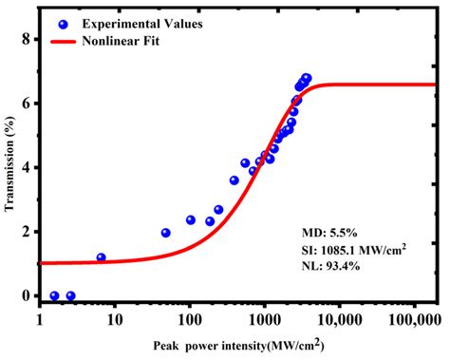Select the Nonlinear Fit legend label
coord(122,42)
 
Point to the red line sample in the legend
coord(63,42)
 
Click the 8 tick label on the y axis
coord(28,40)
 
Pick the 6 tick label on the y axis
coord(28,104)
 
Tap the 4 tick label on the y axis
coord(28,168)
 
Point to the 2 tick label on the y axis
coord(28,232)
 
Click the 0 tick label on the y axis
coord(28,295)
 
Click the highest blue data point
coord(307,79)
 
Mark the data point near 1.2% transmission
coord(101,257)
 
